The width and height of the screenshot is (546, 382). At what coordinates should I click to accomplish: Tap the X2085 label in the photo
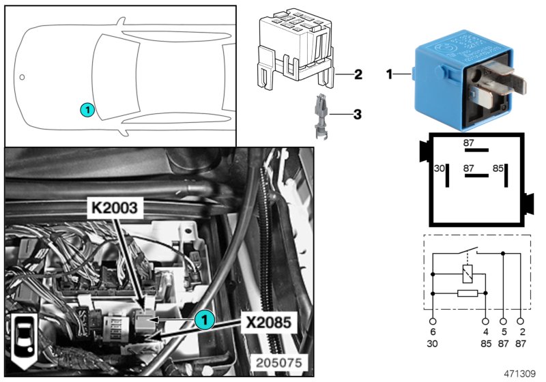click(268, 320)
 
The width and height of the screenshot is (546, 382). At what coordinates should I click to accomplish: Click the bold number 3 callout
click(357, 115)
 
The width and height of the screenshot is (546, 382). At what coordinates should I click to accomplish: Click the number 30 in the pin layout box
click(440, 167)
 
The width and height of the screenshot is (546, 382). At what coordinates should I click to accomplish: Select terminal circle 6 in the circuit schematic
click(433, 321)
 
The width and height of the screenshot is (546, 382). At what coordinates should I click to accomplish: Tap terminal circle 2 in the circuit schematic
click(522, 321)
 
